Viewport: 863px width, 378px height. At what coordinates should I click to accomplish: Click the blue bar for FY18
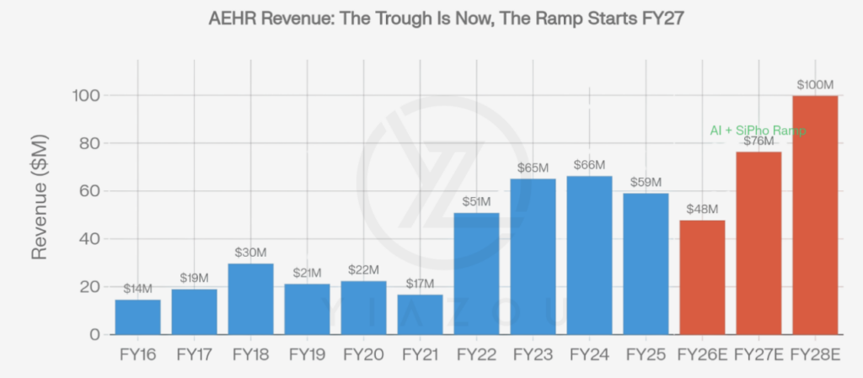pyautogui.click(x=250, y=299)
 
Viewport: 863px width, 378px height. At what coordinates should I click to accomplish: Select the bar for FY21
pyautogui.click(x=420, y=314)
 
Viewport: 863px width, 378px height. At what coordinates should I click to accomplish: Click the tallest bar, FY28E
pyautogui.click(x=815, y=215)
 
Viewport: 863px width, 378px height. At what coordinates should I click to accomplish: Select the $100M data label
pyautogui.click(x=815, y=85)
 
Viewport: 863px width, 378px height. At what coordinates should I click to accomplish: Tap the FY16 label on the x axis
pyautogui.click(x=137, y=354)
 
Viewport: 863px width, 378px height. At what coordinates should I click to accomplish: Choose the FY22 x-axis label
pyautogui.click(x=476, y=354)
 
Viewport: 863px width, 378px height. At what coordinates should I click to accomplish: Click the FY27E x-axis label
pyautogui.click(x=758, y=354)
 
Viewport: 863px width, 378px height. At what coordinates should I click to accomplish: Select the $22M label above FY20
pyautogui.click(x=363, y=270)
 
